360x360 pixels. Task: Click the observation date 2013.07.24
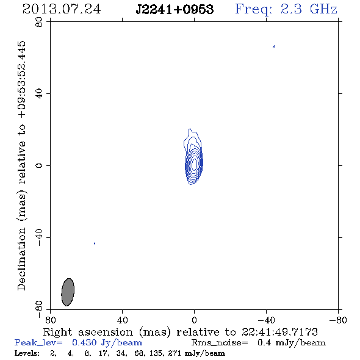(62, 9)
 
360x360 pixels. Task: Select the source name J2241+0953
(175, 9)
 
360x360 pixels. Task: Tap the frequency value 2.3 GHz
(309, 9)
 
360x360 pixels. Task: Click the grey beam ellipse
(68, 292)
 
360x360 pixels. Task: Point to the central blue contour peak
(194, 164)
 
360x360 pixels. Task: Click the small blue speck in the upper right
(274, 46)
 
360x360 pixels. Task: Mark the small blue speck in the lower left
(95, 243)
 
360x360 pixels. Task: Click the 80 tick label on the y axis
(39, 22)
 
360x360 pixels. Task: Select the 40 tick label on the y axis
(39, 94)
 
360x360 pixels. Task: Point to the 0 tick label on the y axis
(39, 165)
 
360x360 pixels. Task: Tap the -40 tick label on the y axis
(39, 237)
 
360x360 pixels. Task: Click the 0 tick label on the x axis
(194, 320)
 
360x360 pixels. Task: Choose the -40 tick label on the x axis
(266, 320)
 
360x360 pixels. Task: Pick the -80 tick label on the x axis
(338, 320)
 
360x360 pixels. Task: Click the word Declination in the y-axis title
(21, 259)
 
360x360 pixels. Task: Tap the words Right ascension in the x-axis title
(88, 332)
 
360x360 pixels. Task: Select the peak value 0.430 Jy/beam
(107, 343)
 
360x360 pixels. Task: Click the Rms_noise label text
(220, 343)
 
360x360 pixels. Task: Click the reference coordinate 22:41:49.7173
(279, 332)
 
